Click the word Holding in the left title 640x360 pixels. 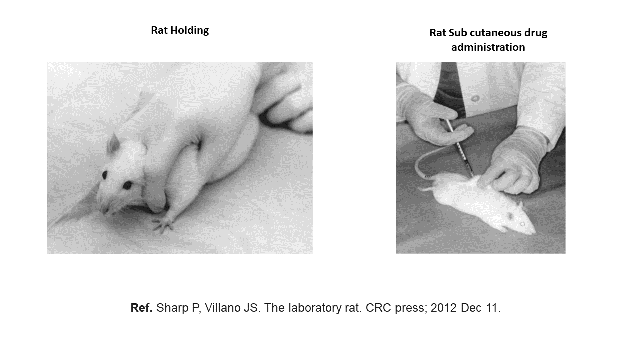point(189,31)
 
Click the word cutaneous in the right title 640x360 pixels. point(495,33)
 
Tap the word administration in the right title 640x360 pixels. point(488,47)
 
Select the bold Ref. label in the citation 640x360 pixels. point(141,308)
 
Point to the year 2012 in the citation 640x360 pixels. point(443,308)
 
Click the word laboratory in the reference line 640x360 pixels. point(315,308)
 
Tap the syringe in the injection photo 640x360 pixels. point(459,147)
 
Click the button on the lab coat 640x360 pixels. point(475,98)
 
